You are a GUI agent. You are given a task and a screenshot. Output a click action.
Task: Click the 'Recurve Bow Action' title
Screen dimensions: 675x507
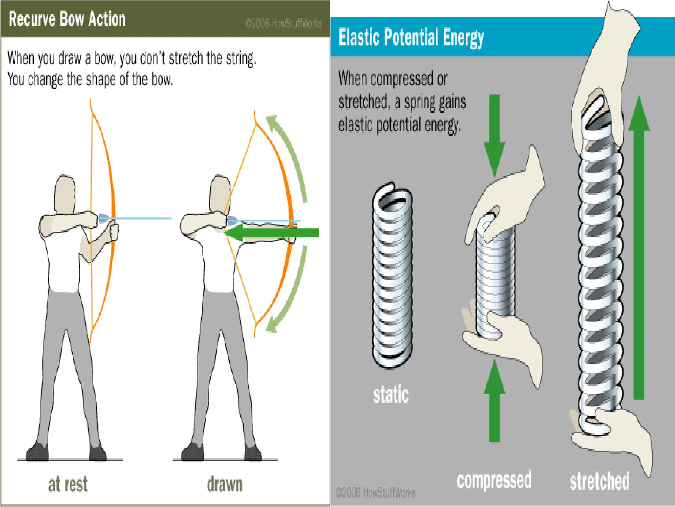coord(67,19)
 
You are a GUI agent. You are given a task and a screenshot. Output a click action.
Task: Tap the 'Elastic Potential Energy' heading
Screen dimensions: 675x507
coord(411,37)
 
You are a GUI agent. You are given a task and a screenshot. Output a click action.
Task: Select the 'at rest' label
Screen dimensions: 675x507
coord(68,484)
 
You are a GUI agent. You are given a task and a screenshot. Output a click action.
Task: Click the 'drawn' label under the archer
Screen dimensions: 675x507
coord(224,484)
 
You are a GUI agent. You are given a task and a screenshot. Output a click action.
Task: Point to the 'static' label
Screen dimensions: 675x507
coord(391,394)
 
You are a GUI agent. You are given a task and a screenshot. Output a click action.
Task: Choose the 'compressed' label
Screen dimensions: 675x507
coord(494,480)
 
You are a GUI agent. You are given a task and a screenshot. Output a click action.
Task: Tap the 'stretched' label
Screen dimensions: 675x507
coord(600,481)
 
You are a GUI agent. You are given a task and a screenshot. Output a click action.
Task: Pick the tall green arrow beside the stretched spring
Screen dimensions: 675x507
coord(639,248)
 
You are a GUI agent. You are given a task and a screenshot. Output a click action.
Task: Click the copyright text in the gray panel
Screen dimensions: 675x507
coord(375,493)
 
